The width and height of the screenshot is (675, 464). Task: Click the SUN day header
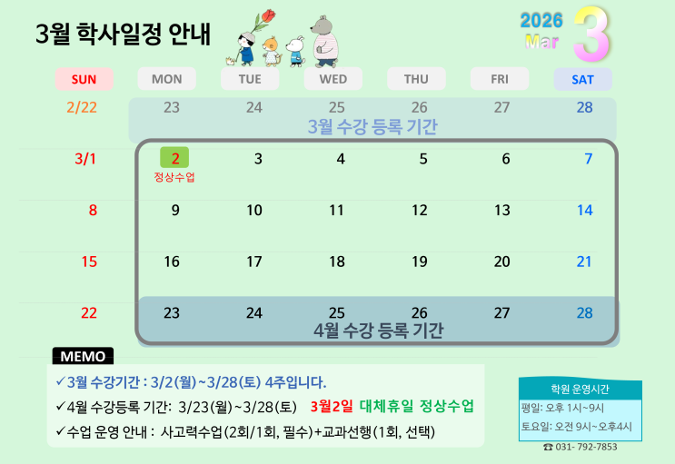[84, 79]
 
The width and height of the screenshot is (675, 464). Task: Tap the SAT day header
[582, 79]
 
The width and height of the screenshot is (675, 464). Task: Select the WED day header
[333, 79]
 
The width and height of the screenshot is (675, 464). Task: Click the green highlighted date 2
[174, 157]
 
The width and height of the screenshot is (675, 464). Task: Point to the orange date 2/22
[82, 107]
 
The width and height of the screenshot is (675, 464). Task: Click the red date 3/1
[85, 159]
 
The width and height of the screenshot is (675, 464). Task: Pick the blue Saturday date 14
[584, 210]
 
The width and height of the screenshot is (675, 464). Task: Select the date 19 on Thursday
[420, 262]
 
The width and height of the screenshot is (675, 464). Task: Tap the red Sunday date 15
[89, 262]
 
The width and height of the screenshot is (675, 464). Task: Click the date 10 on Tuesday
[254, 210]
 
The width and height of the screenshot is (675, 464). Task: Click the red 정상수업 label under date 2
[174, 177]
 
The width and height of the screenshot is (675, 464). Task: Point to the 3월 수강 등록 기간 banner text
[372, 126]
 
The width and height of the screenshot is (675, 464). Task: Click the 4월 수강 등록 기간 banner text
[378, 331]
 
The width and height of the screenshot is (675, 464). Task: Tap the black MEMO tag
[83, 356]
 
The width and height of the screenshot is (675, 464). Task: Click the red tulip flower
[268, 16]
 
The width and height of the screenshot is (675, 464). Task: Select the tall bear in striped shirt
[324, 42]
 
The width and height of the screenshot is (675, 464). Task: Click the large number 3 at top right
[591, 35]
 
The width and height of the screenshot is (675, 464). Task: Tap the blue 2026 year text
[541, 21]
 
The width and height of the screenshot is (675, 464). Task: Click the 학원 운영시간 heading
[580, 390]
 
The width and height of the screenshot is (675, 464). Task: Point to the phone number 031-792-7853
[580, 447]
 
